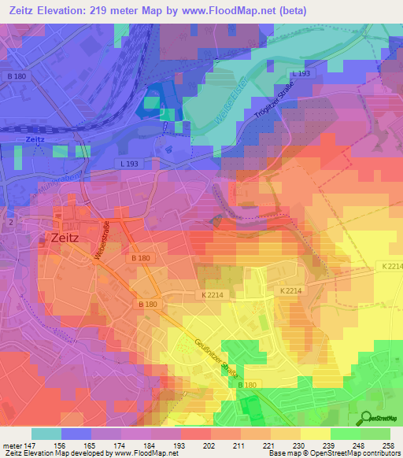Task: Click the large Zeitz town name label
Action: point(68,235)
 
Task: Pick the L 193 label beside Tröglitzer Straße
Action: point(301,74)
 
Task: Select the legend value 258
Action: point(388,445)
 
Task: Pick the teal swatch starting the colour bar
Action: point(46,434)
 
